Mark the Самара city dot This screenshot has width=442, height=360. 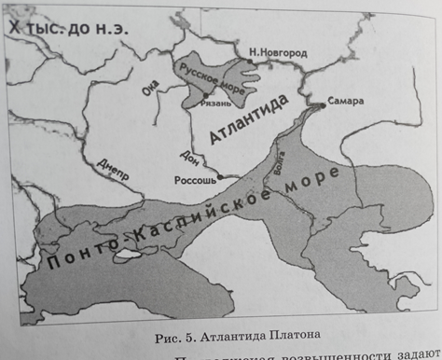[323, 106]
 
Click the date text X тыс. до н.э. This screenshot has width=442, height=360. [65, 30]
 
